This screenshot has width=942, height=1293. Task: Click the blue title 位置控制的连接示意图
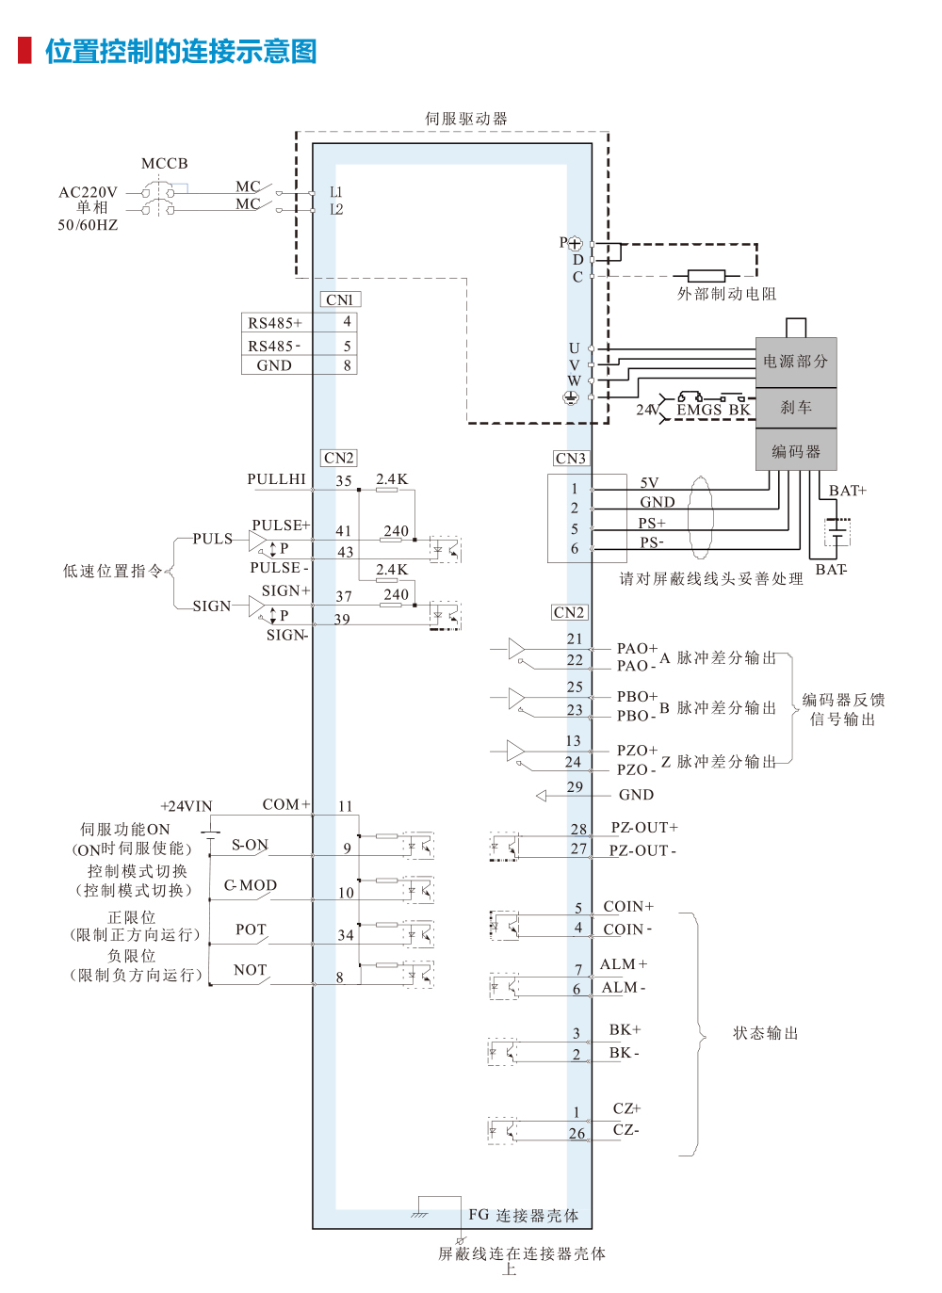click(181, 51)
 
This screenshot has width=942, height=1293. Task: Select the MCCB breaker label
click(165, 164)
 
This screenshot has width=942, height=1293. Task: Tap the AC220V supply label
click(88, 192)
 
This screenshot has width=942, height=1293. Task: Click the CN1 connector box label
click(340, 299)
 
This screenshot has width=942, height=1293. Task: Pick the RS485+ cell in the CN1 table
click(275, 323)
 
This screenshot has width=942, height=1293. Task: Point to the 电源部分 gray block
click(796, 362)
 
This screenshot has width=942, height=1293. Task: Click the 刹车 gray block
click(796, 408)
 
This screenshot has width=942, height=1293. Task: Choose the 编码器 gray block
click(796, 451)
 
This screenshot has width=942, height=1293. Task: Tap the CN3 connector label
click(571, 459)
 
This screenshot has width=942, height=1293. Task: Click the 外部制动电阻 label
click(726, 294)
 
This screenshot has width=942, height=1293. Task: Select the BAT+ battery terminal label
click(847, 491)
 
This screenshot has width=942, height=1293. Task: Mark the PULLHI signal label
click(277, 479)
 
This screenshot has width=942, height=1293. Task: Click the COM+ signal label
click(285, 804)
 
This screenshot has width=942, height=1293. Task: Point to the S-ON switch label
click(250, 845)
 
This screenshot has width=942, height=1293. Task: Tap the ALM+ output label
click(624, 964)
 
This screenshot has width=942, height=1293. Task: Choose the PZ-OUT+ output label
click(644, 828)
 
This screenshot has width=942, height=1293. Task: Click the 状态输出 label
click(766, 1033)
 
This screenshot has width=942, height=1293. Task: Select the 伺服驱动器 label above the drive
click(466, 119)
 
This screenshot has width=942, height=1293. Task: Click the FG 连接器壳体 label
click(524, 1216)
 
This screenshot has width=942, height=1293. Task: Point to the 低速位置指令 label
click(112, 571)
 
